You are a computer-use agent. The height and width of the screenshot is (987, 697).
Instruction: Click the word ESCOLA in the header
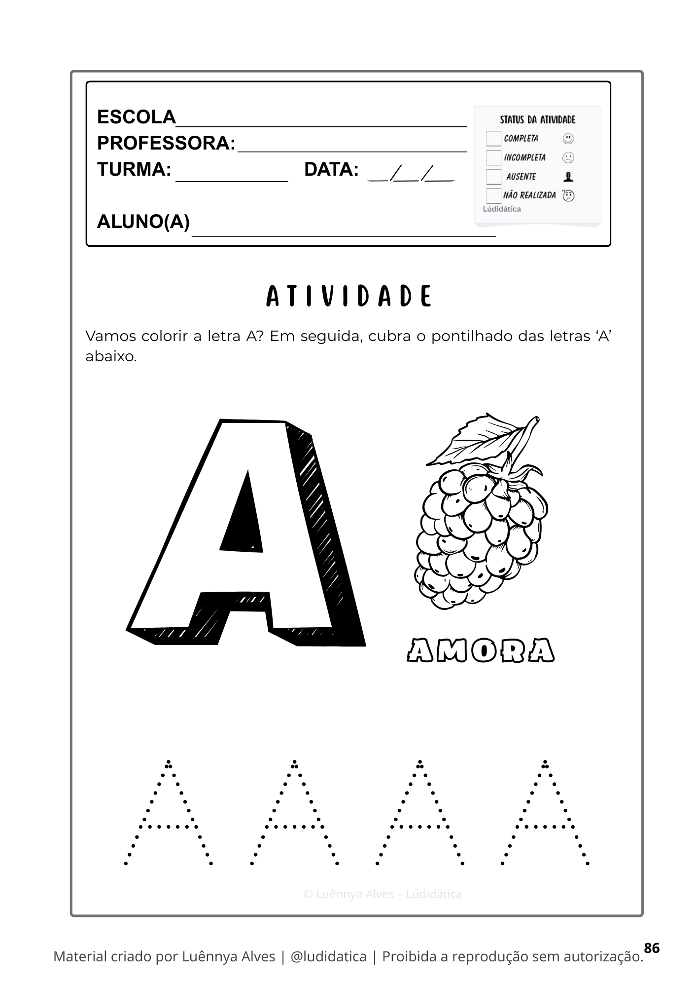pyautogui.click(x=137, y=117)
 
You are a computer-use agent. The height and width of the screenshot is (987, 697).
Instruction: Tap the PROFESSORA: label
pyautogui.click(x=166, y=144)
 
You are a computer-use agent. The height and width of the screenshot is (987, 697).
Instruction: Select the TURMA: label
pyautogui.click(x=134, y=170)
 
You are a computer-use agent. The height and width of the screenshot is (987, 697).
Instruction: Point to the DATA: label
pyautogui.click(x=331, y=170)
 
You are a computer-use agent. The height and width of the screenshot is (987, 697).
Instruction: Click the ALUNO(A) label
pyautogui.click(x=143, y=222)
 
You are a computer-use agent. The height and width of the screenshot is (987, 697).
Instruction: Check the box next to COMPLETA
pyautogui.click(x=493, y=139)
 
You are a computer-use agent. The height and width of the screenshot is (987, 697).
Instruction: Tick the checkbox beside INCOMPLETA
pyautogui.click(x=493, y=157)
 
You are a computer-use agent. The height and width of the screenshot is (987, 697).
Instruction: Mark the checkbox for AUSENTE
pyautogui.click(x=493, y=177)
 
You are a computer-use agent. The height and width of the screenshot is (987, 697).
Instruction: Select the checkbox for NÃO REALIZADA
pyautogui.click(x=493, y=195)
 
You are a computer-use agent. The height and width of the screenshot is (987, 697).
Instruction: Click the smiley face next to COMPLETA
pyautogui.click(x=568, y=139)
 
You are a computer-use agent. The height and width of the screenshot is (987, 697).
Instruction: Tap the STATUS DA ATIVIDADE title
pyautogui.click(x=537, y=120)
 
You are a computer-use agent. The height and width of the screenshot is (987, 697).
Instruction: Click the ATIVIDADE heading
pyautogui.click(x=348, y=296)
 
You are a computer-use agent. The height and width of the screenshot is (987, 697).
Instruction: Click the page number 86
pyautogui.click(x=651, y=948)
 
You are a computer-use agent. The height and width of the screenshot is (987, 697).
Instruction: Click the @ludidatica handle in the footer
pyautogui.click(x=329, y=956)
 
